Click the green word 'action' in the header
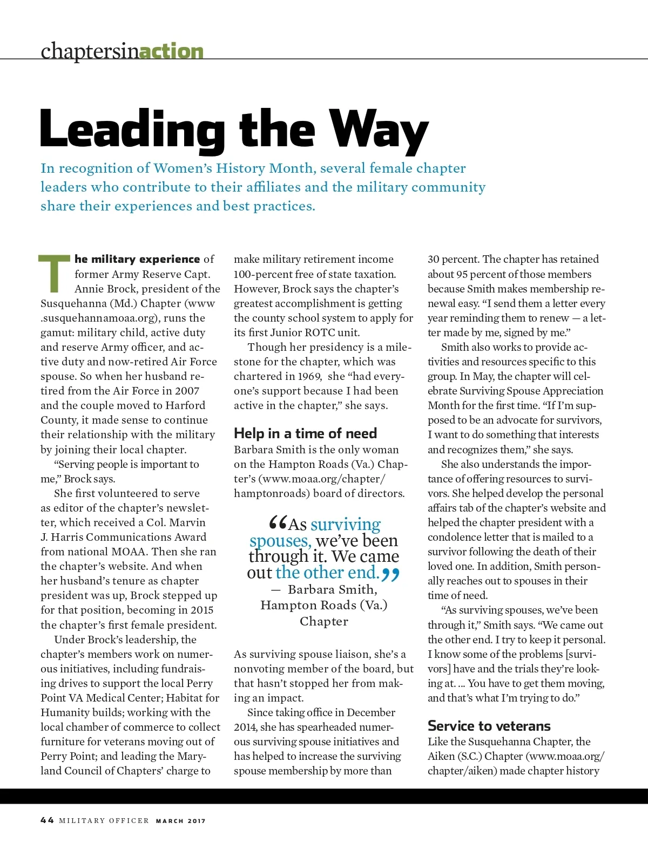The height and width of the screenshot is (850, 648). pyautogui.click(x=171, y=51)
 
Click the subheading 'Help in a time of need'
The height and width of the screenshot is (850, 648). pyautogui.click(x=305, y=433)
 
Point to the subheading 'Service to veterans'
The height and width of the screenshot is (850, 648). pyautogui.click(x=489, y=726)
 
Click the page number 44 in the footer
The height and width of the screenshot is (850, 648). pyautogui.click(x=47, y=820)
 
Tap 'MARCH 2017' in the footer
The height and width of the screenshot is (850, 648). pyautogui.click(x=181, y=821)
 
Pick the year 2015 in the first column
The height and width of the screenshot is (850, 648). pyautogui.click(x=202, y=610)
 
